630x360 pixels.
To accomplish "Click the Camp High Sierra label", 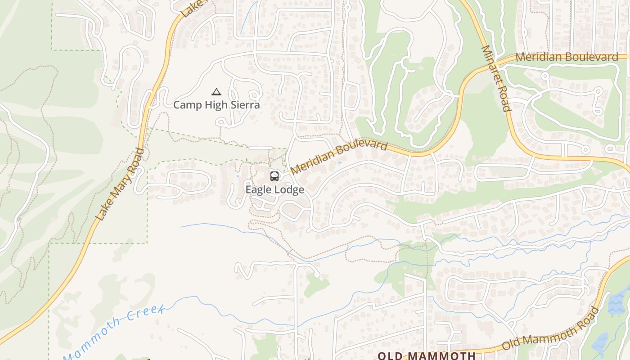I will point(216,105).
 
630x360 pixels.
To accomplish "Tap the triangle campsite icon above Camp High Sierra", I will point(216,92).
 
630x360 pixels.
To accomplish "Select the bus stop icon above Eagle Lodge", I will point(274,176).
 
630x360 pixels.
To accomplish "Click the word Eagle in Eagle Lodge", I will point(258,190).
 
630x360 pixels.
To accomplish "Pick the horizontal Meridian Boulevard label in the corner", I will point(567,57).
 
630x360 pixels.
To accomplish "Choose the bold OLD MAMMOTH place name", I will point(426,355).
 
